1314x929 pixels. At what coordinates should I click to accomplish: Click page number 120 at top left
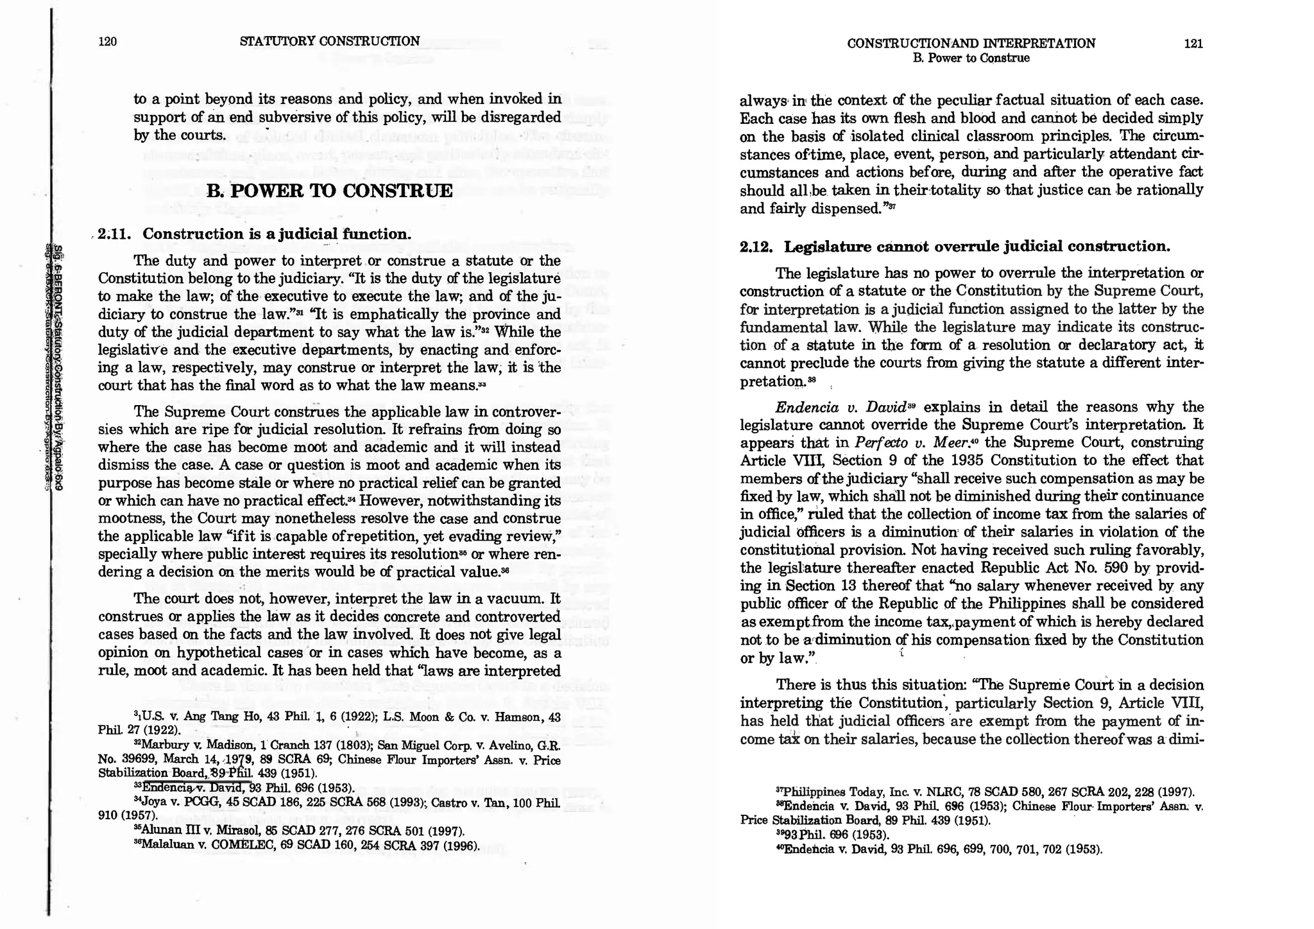[107, 42]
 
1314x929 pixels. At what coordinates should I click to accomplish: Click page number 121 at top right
[1193, 44]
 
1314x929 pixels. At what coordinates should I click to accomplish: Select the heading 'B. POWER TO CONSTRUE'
[330, 191]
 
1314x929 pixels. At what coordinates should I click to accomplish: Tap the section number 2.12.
[758, 247]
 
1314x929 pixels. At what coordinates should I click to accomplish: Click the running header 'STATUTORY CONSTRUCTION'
[330, 42]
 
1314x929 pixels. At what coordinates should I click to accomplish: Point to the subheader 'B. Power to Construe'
[971, 58]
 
